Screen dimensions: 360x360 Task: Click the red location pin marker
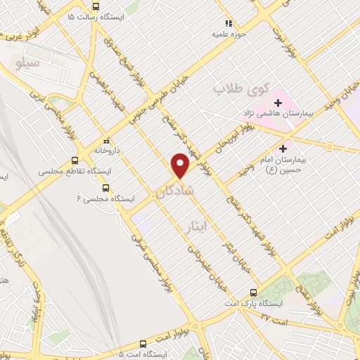pyautogui.click(x=181, y=165)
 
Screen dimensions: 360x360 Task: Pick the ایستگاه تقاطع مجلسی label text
pyautogui.click(x=70, y=172)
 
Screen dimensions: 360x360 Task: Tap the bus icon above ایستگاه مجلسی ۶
pyautogui.click(x=105, y=188)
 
